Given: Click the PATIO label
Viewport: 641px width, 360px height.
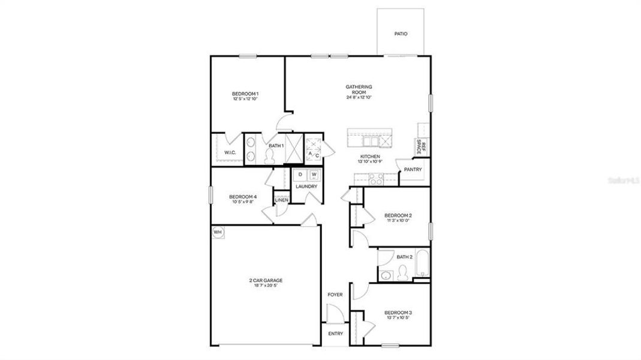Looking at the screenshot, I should (401, 34).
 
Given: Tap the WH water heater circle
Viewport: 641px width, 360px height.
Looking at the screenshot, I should (217, 232).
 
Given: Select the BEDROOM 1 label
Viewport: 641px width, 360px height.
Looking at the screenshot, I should (245, 94).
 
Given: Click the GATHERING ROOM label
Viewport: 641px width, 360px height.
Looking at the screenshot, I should (359, 89).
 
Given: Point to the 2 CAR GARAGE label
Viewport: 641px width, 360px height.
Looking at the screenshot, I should (266, 280).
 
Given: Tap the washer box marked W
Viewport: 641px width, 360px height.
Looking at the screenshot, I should (314, 175).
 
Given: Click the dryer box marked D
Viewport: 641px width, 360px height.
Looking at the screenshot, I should (300, 175).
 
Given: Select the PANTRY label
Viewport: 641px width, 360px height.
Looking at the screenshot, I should (413, 169).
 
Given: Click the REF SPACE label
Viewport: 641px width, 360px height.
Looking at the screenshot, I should (422, 148).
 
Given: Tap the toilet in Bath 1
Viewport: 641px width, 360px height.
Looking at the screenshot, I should (269, 156).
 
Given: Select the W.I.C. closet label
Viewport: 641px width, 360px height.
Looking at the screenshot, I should (230, 153).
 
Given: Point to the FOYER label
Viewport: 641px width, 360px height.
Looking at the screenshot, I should (335, 295).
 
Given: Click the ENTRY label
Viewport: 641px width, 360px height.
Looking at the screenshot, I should (335, 334).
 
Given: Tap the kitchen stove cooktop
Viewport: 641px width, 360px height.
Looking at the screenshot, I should (375, 178).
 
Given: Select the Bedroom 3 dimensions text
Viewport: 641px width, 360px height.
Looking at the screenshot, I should (398, 319).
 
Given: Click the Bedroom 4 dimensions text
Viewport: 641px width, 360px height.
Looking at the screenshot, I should (243, 202).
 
